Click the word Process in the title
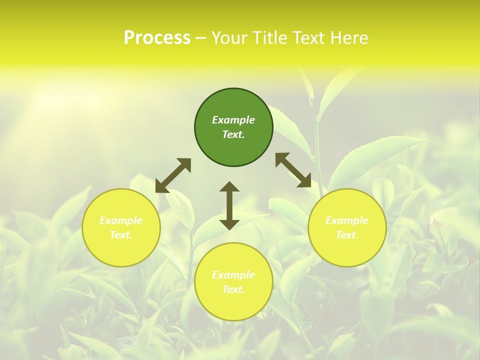pos(157,38)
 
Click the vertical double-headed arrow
pos(229,205)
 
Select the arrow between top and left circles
pos(173,175)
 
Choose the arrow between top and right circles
pos(293,170)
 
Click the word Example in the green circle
pos(233,120)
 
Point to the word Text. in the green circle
pos(233,134)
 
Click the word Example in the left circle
pos(121,220)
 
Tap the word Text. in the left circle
pos(121,235)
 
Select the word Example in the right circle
pos(347,220)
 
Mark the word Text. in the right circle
pos(347,235)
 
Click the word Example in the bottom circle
pos(233,275)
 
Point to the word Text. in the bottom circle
pos(233,289)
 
